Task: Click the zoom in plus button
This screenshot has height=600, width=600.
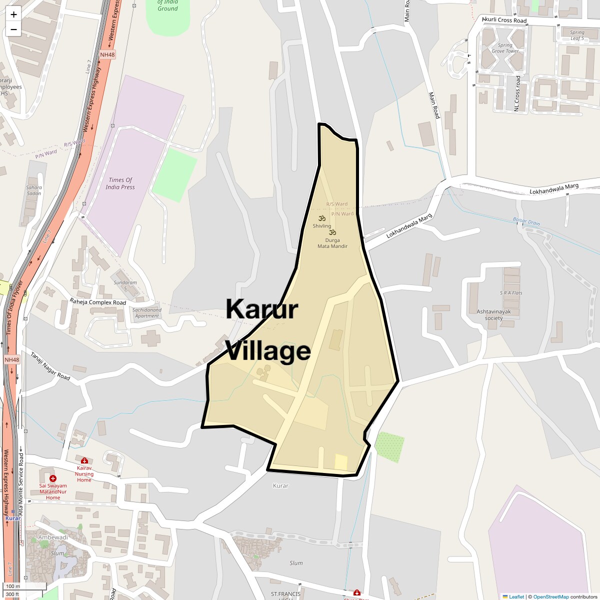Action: (13, 14)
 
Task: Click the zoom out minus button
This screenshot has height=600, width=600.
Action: (13, 29)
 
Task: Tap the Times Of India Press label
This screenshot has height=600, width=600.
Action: (120, 183)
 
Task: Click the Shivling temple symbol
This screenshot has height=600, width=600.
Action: (321, 218)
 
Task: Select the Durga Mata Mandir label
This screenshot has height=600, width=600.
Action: (332, 243)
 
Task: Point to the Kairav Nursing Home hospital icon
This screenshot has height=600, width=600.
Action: (84, 460)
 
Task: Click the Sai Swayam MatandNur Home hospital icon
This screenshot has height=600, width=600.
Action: (53, 478)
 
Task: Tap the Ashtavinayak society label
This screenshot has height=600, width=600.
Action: (490, 314)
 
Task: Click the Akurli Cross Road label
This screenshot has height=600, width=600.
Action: (504, 20)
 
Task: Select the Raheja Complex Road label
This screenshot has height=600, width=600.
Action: (98, 302)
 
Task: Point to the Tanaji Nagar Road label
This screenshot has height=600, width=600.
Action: (50, 366)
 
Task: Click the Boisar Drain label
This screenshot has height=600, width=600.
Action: (526, 221)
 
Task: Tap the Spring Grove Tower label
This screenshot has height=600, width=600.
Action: (505, 48)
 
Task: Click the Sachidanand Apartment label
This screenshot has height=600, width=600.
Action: (147, 312)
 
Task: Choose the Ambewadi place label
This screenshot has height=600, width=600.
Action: (53, 537)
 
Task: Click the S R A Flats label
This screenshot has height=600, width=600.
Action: (511, 293)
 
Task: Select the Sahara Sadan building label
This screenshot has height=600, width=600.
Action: (34, 190)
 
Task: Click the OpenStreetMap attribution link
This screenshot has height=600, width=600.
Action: (550, 596)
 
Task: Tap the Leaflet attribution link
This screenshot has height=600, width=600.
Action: (516, 596)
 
